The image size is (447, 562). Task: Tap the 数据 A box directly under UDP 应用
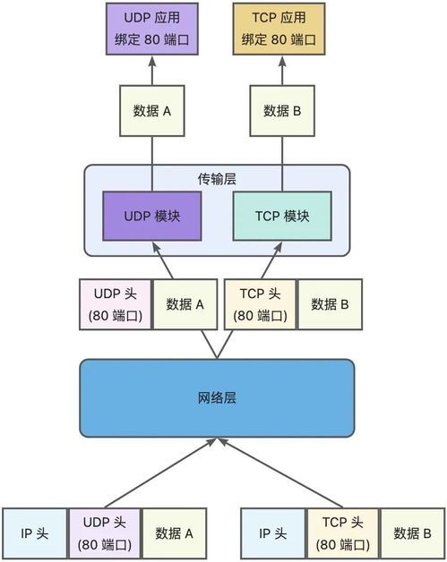click(x=151, y=111)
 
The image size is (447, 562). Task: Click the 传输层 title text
click(x=216, y=179)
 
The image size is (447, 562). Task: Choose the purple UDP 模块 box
click(x=151, y=217)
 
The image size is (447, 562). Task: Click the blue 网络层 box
click(x=216, y=398)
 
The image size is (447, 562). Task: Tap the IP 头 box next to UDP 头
click(x=34, y=534)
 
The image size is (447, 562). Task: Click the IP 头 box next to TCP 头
click(x=272, y=534)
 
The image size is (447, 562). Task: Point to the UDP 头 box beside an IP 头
click(x=102, y=534)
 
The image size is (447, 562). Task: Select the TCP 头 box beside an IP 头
click(x=341, y=534)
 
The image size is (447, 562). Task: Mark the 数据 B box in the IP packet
click(x=412, y=534)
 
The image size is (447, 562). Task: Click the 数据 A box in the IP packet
click(x=174, y=534)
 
